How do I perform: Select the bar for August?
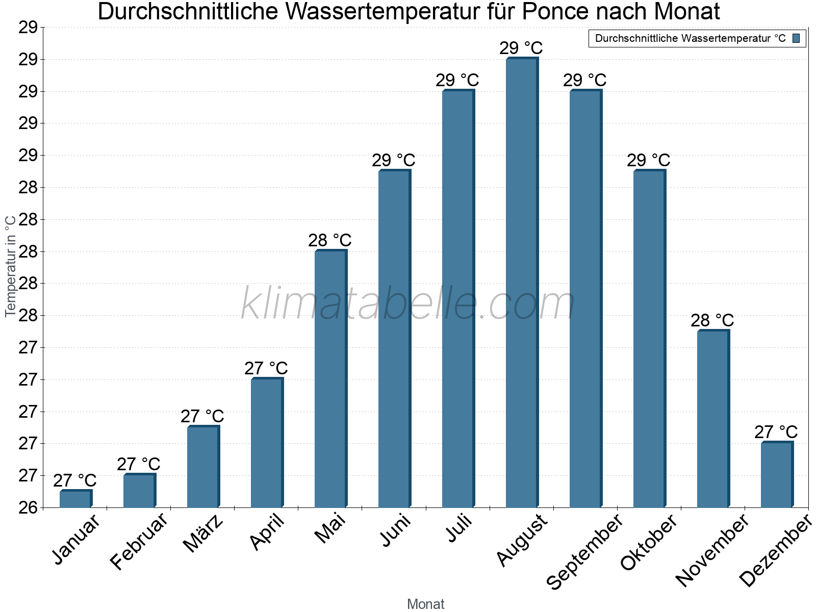522,283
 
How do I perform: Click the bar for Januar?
75,499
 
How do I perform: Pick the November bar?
713,419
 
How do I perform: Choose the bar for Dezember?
777,475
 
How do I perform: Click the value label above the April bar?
266,368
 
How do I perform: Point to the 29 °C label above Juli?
457,80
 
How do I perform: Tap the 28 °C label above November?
712,320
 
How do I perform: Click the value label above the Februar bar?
139,464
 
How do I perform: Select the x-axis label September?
584,551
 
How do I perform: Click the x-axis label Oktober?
649,543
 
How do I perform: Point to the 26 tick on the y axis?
29,507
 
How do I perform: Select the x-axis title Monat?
426,604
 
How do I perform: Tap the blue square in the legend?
797,38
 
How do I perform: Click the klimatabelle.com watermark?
408,304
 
